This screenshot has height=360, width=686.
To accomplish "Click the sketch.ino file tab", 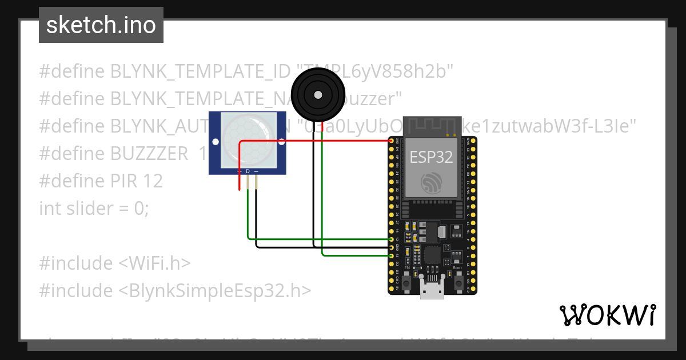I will click(x=101, y=25).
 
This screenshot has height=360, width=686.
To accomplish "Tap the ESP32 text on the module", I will click(x=431, y=157).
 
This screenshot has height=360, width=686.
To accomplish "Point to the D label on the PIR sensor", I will click(x=248, y=171).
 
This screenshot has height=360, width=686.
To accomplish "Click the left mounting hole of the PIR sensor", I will click(x=216, y=141).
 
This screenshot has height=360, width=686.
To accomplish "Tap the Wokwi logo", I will click(x=608, y=315).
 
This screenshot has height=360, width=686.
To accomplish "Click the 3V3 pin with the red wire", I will click(x=392, y=141).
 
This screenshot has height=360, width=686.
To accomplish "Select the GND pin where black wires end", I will click(x=392, y=247).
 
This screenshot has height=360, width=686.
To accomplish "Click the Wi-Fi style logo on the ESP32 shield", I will click(x=432, y=183).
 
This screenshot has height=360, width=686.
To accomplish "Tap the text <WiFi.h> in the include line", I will click(x=154, y=263).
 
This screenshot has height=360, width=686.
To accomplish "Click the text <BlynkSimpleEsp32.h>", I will click(x=214, y=291).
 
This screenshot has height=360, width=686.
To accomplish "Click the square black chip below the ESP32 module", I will click(x=432, y=255).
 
